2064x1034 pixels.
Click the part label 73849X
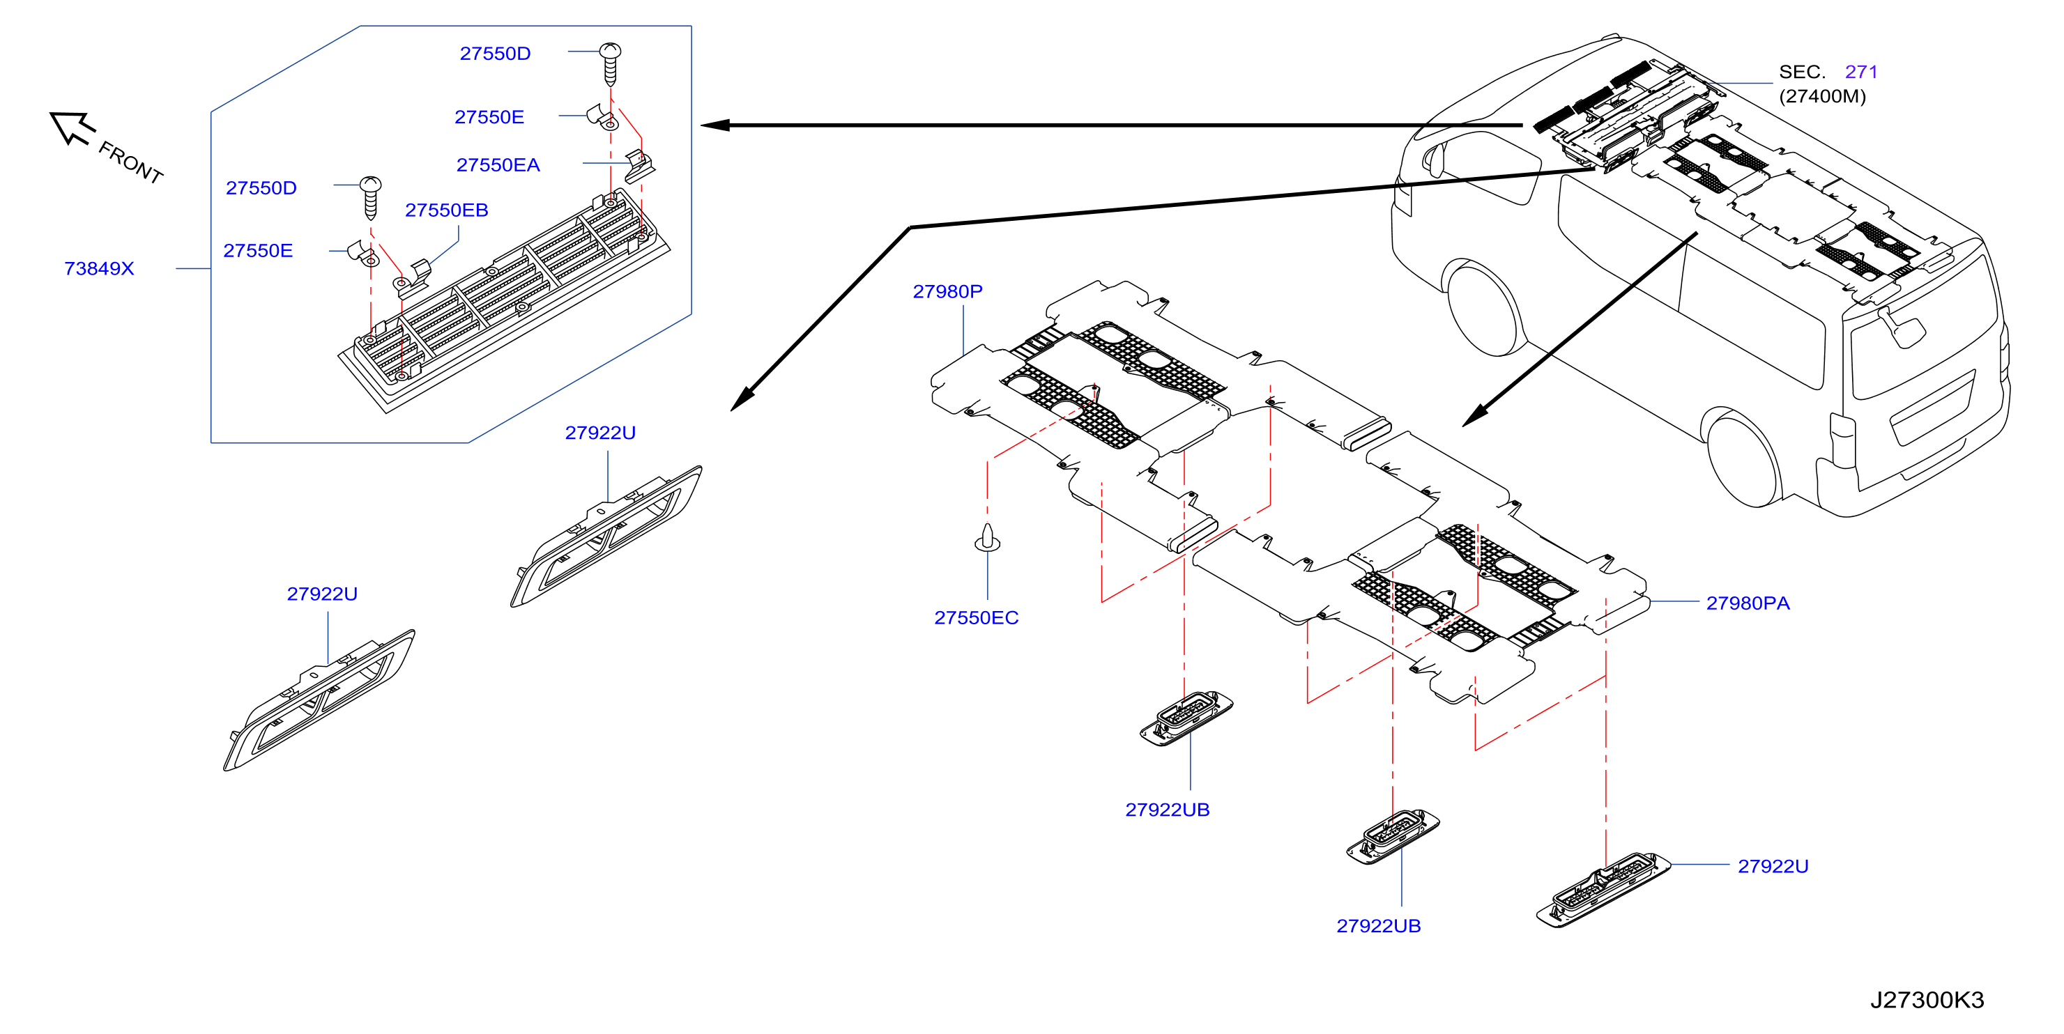pyautogui.click(x=100, y=268)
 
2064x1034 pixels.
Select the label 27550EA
pyautogui.click(x=498, y=165)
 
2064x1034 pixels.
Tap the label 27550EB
pyautogui.click(x=446, y=210)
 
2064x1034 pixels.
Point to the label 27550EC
pyautogui.click(x=976, y=617)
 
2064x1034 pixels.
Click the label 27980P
pyautogui.click(x=947, y=291)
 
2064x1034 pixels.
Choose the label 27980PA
pyautogui.click(x=1748, y=603)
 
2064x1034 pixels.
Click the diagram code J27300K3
pyautogui.click(x=1927, y=1000)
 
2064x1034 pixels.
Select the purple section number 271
pyautogui.click(x=1860, y=72)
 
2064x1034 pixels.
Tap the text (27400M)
pyautogui.click(x=1822, y=96)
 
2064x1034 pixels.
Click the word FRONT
pyautogui.click(x=130, y=162)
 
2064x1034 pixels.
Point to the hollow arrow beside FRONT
pyautogui.click(x=72, y=128)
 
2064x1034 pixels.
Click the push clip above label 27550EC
pyautogui.click(x=987, y=537)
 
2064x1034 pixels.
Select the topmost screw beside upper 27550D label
pyautogui.click(x=610, y=64)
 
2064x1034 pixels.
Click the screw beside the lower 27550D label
pyautogui.click(x=370, y=198)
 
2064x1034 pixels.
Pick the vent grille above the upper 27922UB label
pyautogui.click(x=1186, y=718)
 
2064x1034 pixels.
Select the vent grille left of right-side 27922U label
pyautogui.click(x=1603, y=890)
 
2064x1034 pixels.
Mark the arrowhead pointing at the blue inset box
pyautogui.click(x=714, y=125)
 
